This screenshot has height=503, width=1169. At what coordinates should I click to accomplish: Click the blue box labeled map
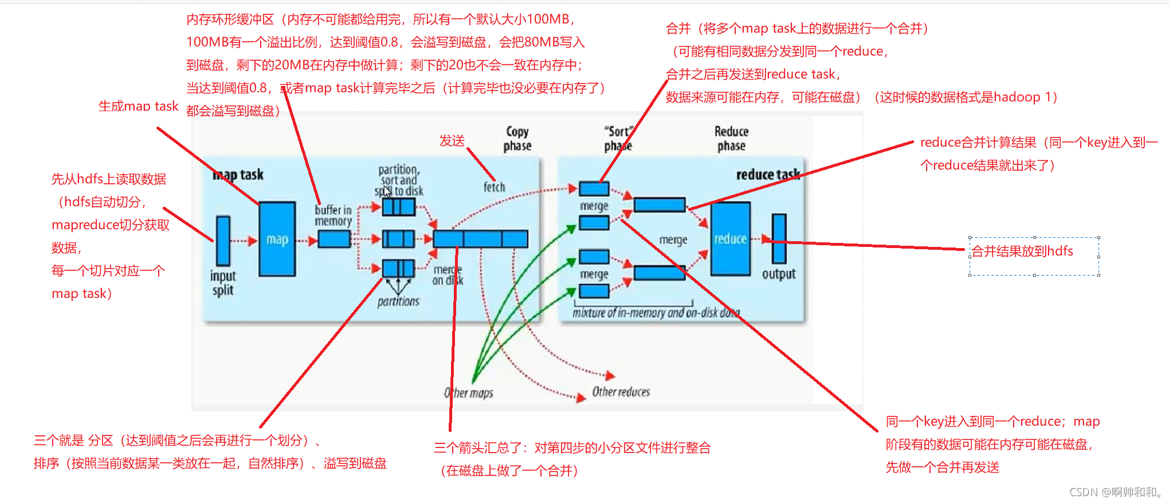click(x=277, y=239)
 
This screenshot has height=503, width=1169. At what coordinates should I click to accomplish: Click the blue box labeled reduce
click(x=730, y=238)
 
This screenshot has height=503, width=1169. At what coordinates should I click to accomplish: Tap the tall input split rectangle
click(x=223, y=241)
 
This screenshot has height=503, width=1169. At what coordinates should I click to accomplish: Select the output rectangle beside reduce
click(x=779, y=238)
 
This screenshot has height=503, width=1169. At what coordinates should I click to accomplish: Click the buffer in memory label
click(x=333, y=215)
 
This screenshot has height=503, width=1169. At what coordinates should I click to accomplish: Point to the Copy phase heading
click(x=517, y=139)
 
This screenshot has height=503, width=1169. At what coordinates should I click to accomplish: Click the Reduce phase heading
click(x=731, y=139)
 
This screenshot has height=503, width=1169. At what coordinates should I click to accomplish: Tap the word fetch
click(x=494, y=187)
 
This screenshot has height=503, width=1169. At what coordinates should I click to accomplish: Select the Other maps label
click(x=468, y=393)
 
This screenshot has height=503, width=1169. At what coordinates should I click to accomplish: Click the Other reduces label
click(x=621, y=392)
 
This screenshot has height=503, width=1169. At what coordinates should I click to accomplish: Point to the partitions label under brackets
click(x=398, y=301)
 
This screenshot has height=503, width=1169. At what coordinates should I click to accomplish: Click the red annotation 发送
click(x=452, y=141)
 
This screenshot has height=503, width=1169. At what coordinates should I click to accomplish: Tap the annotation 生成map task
click(x=138, y=106)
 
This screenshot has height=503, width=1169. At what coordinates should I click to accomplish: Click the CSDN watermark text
click(x=1115, y=492)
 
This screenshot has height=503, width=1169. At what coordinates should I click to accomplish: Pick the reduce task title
click(x=767, y=174)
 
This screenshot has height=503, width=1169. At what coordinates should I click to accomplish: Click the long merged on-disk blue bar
click(x=480, y=239)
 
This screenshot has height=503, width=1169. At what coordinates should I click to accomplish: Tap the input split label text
click(x=223, y=283)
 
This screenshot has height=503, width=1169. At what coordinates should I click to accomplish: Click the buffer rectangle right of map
click(x=334, y=239)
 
